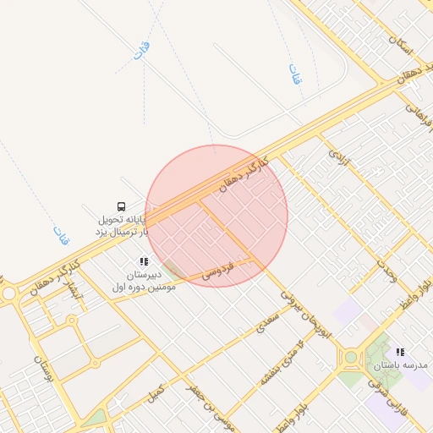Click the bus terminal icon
pyautogui.click(x=121, y=206)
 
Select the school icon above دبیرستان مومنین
pyautogui.click(x=144, y=261)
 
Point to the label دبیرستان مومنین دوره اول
pyautogui.click(x=143, y=282)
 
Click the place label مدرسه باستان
pyautogui.click(x=400, y=365)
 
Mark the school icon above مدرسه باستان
pyautogui.click(x=400, y=351)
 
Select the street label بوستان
pyautogui.click(x=43, y=370)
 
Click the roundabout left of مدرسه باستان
pyautogui.click(x=350, y=357)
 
